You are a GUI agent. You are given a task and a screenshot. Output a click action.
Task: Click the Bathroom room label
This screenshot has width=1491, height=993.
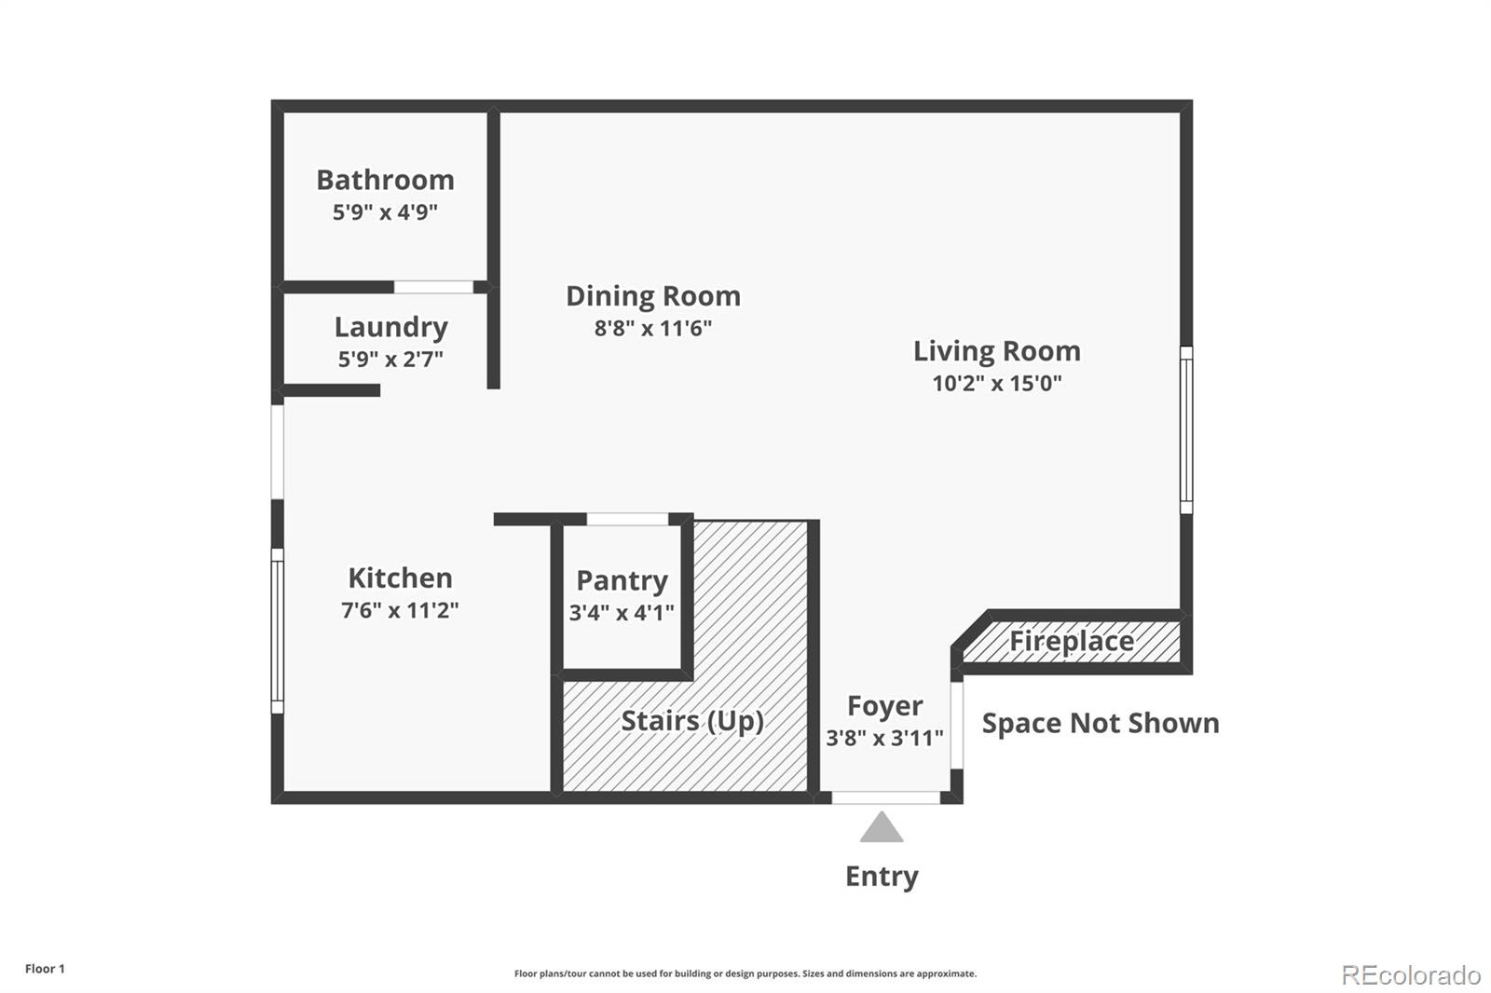tap(386, 180)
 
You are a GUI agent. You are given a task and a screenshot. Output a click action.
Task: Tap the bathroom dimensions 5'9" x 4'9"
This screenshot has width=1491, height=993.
tap(386, 212)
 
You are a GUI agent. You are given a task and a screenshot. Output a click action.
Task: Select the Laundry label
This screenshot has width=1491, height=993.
tap(390, 328)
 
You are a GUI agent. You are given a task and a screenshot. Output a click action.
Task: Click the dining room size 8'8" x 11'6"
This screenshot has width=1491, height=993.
tap(653, 328)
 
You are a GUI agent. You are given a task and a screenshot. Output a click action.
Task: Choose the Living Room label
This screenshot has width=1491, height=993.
tap(996, 351)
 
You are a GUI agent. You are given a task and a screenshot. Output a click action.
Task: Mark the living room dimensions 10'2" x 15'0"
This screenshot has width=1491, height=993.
tap(996, 384)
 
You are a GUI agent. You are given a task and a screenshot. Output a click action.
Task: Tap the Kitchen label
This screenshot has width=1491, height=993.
tap(400, 578)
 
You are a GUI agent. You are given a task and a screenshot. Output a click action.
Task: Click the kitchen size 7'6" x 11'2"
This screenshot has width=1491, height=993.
tap(400, 610)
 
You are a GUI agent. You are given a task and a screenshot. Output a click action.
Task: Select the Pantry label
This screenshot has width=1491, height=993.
tap(622, 581)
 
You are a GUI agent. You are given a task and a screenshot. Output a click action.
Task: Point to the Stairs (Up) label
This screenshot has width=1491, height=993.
tap(692, 721)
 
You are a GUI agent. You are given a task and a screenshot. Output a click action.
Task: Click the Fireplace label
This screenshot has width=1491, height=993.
tap(1072, 642)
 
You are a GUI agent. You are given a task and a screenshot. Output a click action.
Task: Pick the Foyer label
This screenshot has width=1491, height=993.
tap(884, 707)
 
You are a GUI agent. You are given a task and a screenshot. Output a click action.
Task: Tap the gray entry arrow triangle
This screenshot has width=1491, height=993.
tap(882, 827)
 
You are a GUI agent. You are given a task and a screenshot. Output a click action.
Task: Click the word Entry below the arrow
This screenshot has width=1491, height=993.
tap(882, 877)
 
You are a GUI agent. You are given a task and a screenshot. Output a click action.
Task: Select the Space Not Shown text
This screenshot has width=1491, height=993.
tap(1101, 724)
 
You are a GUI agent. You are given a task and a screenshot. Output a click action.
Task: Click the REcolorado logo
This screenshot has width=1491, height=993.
tap(1411, 975)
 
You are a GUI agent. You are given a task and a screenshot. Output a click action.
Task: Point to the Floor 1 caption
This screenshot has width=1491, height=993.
tap(46, 969)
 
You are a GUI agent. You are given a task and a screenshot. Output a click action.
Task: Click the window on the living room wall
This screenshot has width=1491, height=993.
tap(1186, 430)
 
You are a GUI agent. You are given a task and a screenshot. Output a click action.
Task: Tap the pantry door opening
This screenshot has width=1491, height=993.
tap(627, 519)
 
